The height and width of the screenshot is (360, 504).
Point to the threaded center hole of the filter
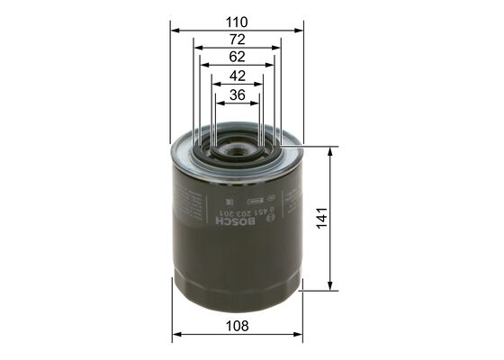tap(237, 145)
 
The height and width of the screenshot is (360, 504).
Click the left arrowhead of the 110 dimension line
tap(174, 30)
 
